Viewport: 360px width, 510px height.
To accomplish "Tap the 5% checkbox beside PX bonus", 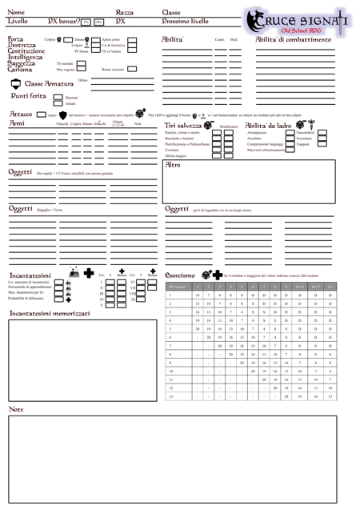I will pos(85,22).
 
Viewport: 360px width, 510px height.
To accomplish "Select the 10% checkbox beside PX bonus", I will pos(99,22).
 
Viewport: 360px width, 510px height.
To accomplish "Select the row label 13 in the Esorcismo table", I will pos(170,396).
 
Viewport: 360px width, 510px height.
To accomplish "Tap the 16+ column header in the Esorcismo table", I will pos(330,285).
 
